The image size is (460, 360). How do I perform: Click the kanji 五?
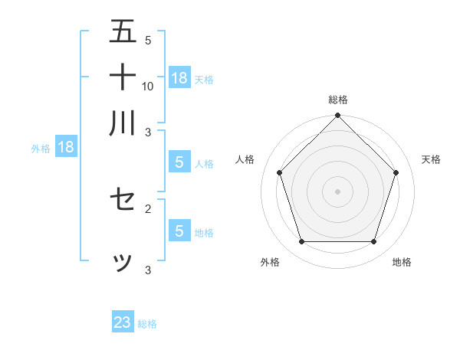point(123,32)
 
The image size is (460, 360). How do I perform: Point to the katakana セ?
point(123,201)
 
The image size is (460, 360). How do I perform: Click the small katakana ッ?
point(123,262)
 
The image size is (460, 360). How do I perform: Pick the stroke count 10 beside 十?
point(148,86)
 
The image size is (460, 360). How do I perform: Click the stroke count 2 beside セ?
point(148,208)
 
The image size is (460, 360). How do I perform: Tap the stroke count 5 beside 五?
point(148,40)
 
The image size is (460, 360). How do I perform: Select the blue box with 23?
point(123,322)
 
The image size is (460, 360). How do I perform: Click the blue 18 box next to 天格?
point(179,77)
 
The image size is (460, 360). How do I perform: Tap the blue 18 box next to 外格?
point(66,147)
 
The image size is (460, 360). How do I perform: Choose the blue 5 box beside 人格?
point(179,162)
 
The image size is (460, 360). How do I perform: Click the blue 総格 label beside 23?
point(147,324)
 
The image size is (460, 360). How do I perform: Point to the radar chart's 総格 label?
point(338,100)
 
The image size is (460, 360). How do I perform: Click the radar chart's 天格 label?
point(432,159)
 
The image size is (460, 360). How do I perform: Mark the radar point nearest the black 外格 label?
point(301,242)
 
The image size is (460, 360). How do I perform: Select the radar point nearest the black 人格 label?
point(279,172)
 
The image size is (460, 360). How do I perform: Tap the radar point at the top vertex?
point(338,116)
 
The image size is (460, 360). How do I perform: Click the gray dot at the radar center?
point(338,191)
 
